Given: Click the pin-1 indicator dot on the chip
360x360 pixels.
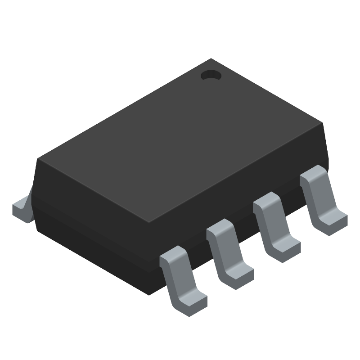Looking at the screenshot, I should coord(211,75).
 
